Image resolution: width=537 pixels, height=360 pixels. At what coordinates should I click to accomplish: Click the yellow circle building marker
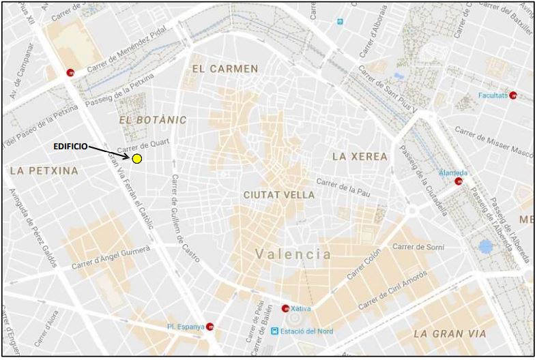pos(136,159)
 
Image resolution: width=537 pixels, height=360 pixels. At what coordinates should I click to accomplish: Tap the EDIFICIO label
pos(70,146)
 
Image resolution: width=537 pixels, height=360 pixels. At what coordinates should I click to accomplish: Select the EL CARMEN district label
pos(225,69)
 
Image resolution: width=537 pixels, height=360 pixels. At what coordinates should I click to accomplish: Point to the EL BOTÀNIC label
pos(152,120)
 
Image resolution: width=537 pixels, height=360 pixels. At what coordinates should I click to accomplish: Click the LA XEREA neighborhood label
pos(360,156)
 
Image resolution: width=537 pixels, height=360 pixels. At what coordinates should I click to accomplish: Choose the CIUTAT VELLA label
pos(279,195)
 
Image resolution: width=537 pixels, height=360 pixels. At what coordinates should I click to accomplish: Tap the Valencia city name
pos(293,254)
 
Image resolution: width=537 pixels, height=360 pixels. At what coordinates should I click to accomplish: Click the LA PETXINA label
pos(44,170)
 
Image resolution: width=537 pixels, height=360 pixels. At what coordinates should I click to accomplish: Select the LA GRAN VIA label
pos(450,333)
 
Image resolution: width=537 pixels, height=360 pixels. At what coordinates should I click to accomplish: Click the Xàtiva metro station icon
pos(285,308)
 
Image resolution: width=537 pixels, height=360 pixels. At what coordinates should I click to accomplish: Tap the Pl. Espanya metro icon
pos(210,327)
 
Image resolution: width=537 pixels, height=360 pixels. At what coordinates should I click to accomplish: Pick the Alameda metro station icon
pos(459,182)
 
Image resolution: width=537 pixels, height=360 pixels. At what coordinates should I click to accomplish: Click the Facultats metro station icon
pos(513,95)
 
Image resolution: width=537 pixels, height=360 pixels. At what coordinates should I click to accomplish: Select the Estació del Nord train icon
pos(275,331)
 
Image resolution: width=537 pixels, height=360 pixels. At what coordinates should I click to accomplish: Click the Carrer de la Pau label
pos(346,189)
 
